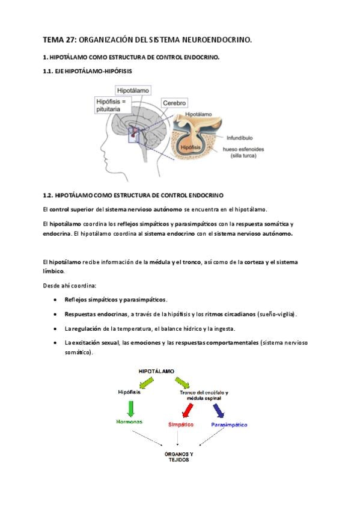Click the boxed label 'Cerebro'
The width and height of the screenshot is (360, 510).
click(x=174, y=103)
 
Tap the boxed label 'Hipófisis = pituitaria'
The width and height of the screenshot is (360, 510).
click(x=113, y=105)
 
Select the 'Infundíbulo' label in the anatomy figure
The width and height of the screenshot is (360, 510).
click(x=239, y=138)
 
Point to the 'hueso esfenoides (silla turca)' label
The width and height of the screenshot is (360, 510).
click(x=243, y=152)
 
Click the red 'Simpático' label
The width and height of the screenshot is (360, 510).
click(x=181, y=425)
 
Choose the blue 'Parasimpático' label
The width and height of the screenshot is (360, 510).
click(x=229, y=425)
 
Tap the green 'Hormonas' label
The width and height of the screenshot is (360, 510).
click(x=129, y=422)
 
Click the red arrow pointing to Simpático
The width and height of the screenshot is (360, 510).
click(x=187, y=411)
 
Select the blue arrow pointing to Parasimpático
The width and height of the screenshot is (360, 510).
click(x=219, y=411)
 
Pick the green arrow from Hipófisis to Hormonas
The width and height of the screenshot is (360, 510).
click(x=130, y=409)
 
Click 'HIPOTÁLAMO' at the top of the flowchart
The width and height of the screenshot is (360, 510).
click(x=156, y=371)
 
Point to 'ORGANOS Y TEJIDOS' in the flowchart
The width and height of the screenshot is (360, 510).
click(x=178, y=456)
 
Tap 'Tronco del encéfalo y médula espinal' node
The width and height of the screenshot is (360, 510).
click(x=204, y=395)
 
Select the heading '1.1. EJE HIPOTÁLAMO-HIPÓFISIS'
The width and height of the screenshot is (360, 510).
click(x=87, y=71)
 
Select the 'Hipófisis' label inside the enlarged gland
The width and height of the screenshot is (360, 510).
click(x=191, y=147)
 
